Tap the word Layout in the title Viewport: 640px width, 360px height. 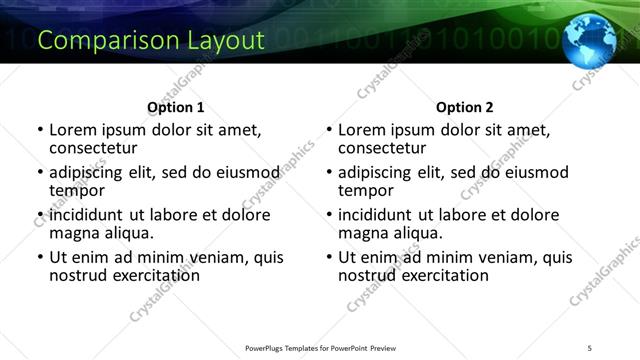(225, 41)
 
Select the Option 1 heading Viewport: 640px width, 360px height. (176, 107)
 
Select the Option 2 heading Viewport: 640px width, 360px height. (465, 107)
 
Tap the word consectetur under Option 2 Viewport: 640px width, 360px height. (382, 148)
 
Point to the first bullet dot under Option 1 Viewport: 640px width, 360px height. (40, 130)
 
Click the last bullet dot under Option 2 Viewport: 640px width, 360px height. (329, 257)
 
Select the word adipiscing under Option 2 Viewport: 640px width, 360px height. (375, 172)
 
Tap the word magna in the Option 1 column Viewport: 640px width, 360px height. (74, 233)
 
